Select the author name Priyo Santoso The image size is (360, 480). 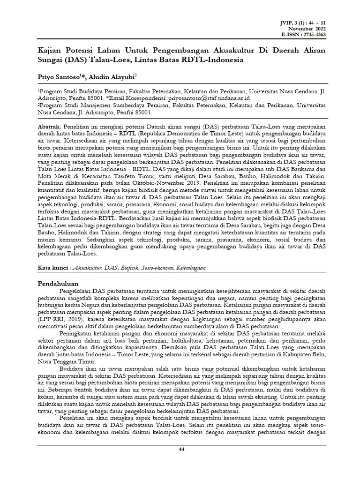[58, 76]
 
